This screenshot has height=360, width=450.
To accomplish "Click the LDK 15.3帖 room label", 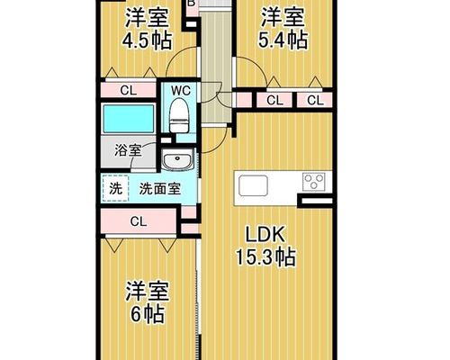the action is click(x=266, y=246).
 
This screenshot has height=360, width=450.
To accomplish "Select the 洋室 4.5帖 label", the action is click(x=147, y=29).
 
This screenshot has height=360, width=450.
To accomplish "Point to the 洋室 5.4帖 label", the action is click(x=283, y=28).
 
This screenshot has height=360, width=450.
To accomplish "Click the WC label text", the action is click(x=181, y=90).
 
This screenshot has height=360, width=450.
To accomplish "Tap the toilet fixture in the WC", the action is click(x=180, y=115).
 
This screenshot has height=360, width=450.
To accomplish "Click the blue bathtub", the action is click(x=129, y=119).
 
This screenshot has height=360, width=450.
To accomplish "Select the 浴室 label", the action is click(x=128, y=150).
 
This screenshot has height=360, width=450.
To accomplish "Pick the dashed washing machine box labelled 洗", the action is click(x=115, y=188).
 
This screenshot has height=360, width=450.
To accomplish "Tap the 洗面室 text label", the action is click(x=160, y=189).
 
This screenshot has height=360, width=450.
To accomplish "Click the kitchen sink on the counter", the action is click(x=253, y=185).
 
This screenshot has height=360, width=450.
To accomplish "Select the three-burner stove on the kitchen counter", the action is click(x=313, y=182).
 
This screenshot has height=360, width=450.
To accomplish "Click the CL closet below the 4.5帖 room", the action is click(x=129, y=90).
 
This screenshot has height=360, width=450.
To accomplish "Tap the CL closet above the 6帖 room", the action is click(x=139, y=221).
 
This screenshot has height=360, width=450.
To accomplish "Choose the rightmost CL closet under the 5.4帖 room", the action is click(x=315, y=100).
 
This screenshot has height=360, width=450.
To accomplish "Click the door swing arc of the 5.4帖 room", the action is click(x=258, y=65).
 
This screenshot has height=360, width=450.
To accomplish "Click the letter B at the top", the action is click(x=192, y=3).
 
